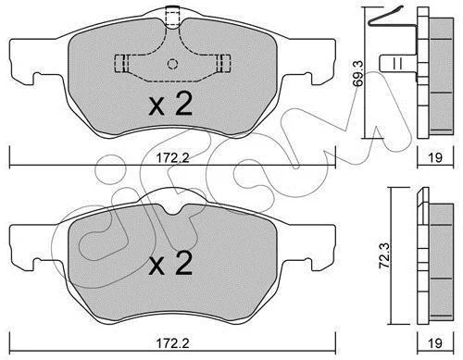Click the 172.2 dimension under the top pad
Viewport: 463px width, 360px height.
(172, 158)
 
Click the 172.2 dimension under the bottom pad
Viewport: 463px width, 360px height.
(172, 343)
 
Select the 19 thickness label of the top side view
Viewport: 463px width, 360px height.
(435, 157)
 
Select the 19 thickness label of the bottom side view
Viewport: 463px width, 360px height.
(435, 343)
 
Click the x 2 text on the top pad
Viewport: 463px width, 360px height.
(170, 104)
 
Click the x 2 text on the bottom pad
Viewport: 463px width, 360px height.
(170, 263)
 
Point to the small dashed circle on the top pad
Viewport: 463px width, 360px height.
(172, 64)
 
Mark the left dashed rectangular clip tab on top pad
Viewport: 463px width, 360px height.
(121, 64)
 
